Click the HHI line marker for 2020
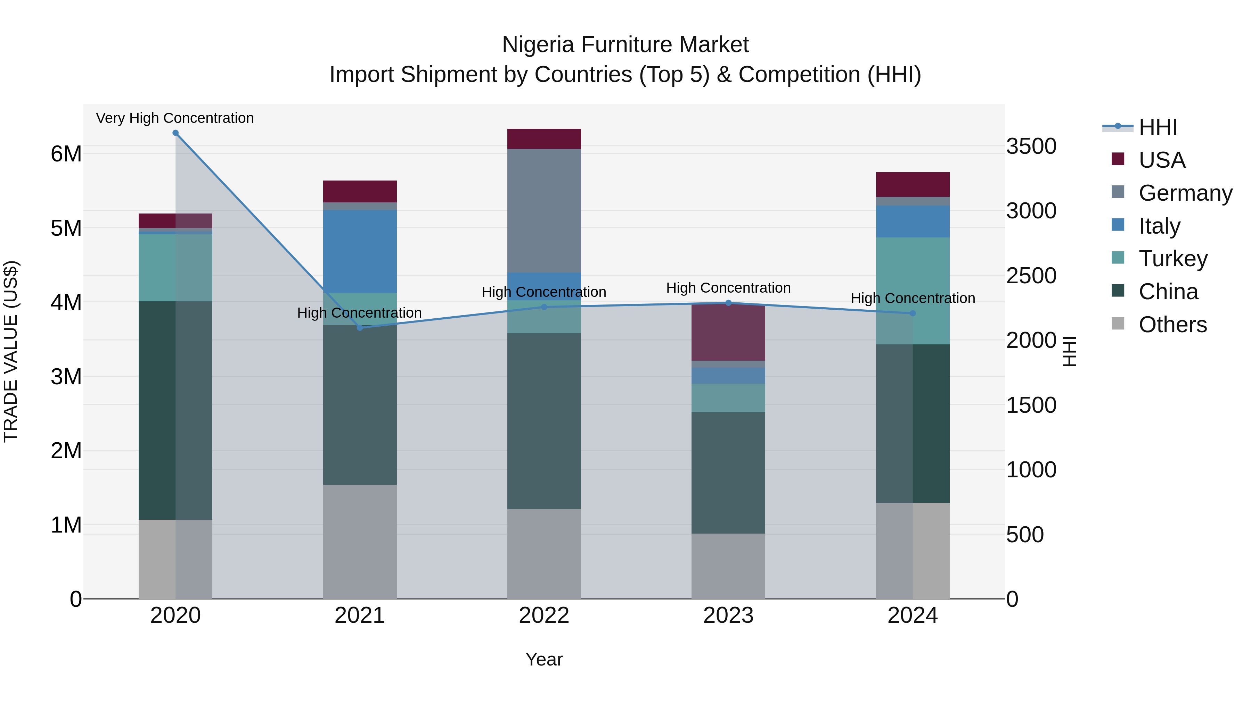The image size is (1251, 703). click(175, 133)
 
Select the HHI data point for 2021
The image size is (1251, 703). click(360, 328)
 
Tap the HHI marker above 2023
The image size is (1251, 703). click(728, 303)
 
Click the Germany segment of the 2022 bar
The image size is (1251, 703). click(544, 211)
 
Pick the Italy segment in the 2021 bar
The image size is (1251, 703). click(360, 251)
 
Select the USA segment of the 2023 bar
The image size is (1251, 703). click(728, 333)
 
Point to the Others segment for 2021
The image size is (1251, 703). click(360, 542)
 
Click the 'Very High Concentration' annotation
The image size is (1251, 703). click(175, 118)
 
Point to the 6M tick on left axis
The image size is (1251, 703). click(66, 154)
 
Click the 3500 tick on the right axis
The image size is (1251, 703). click(1031, 146)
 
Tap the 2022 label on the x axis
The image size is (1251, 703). click(544, 615)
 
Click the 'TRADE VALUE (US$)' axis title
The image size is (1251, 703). click(11, 351)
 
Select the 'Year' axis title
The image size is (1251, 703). click(544, 659)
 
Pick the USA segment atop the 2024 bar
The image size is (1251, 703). click(913, 184)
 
